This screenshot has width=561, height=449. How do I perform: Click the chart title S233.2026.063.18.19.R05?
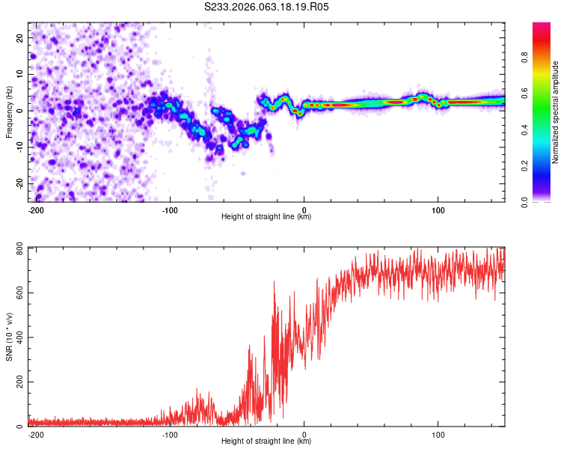coord(267,7)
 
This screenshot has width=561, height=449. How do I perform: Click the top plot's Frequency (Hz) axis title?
coord(10,112)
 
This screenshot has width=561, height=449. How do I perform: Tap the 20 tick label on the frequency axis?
coord(20,37)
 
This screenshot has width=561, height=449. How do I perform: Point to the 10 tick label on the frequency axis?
coord(20,74)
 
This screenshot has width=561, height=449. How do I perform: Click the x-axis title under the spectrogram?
coord(266,217)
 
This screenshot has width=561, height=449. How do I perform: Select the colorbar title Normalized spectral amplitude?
coord(556,112)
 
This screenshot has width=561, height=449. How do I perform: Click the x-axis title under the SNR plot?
coord(266,442)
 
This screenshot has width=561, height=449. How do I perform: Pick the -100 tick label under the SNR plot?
coord(169,434)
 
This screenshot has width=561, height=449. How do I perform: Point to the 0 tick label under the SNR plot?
coord(304,434)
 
